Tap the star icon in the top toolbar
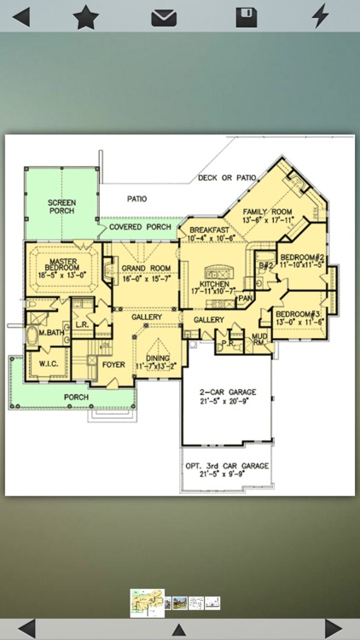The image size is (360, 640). (x=85, y=16)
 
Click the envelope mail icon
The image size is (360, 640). (x=164, y=17)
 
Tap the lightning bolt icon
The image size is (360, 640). (x=320, y=16)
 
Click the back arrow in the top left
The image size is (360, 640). (x=20, y=16)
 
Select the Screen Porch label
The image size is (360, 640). (x=61, y=206)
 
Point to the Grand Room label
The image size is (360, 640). (x=141, y=273)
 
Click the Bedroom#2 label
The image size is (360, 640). (x=303, y=261)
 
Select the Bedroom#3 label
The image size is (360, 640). (x=299, y=317)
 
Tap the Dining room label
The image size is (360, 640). (x=157, y=363)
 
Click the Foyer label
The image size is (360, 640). (x=113, y=364)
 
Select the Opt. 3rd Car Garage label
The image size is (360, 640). (x=228, y=470)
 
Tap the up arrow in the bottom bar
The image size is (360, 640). (x=179, y=630)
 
